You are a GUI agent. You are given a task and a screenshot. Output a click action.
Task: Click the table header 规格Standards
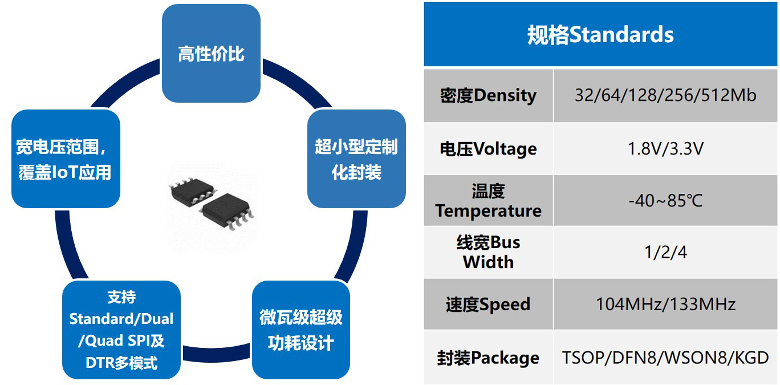click(600, 35)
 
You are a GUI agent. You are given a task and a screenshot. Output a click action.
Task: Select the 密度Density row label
click(488, 95)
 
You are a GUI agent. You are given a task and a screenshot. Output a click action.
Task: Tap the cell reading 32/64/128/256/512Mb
click(665, 95)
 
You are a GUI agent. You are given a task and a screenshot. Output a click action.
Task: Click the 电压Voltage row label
click(488, 149)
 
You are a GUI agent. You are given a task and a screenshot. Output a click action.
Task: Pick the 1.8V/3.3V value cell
click(665, 149)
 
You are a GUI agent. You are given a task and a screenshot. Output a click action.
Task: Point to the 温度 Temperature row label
click(488, 201)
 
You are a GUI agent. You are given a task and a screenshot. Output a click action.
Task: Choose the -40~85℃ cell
click(665, 201)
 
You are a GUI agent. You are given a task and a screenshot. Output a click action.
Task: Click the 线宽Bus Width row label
click(488, 252)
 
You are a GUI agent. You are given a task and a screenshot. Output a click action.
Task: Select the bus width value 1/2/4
click(665, 252)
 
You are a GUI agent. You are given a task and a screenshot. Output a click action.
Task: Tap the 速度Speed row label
click(488, 304)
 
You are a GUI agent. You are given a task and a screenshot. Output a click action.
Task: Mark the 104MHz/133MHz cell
click(665, 304)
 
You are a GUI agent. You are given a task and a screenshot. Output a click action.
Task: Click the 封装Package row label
click(488, 358)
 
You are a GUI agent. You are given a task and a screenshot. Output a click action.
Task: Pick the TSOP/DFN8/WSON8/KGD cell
click(665, 358)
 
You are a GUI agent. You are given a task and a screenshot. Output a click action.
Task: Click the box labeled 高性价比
click(211, 54)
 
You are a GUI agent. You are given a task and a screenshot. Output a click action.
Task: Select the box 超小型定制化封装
click(356, 159)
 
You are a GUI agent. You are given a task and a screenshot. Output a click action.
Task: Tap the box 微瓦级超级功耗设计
click(300, 330)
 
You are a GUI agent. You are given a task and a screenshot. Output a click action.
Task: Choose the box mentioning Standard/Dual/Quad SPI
click(121, 330)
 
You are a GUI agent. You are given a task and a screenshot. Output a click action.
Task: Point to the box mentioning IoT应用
click(65, 159)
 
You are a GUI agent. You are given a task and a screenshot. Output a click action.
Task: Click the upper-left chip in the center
click(190, 191)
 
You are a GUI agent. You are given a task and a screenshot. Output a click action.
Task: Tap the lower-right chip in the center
click(226, 212)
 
